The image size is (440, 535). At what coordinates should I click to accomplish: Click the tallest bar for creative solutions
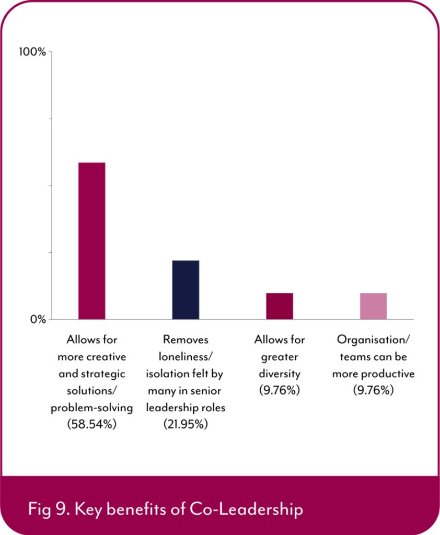click(x=91, y=240)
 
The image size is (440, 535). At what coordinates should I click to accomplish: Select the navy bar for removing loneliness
click(x=186, y=289)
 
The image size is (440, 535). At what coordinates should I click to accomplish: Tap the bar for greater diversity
click(x=280, y=306)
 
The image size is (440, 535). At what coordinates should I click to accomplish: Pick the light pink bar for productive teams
click(x=373, y=306)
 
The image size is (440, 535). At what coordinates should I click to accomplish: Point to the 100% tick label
click(x=32, y=52)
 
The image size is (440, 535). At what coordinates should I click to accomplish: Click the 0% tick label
click(x=37, y=319)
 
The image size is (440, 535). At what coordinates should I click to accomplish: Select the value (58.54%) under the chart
click(x=91, y=424)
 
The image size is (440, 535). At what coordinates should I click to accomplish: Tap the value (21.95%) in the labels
click(x=186, y=424)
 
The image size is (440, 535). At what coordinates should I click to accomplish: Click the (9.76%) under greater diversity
click(x=280, y=390)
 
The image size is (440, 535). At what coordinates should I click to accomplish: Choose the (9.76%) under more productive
click(x=373, y=390)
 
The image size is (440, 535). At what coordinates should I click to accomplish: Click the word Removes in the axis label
click(x=186, y=340)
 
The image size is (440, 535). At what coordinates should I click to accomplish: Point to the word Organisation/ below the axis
click(x=373, y=340)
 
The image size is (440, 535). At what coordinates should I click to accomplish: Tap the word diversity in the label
click(x=280, y=374)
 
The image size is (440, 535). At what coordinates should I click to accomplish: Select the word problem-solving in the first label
click(x=91, y=408)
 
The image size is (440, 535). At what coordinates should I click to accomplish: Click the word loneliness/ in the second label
click(x=186, y=357)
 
